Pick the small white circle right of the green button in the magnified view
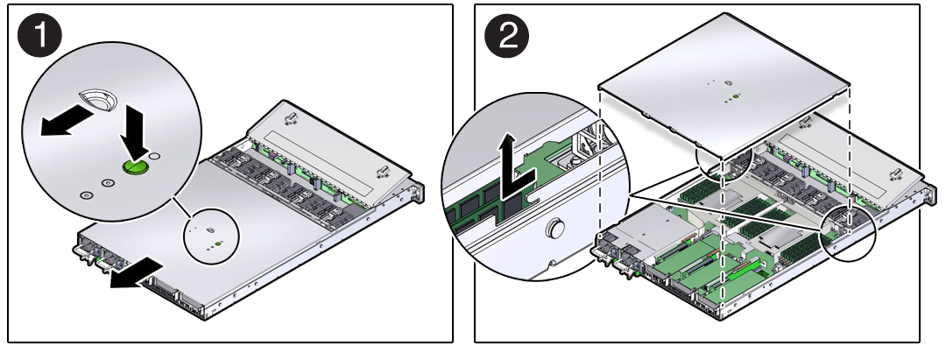pyautogui.click(x=155, y=157)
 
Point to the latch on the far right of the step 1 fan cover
pyautogui.click(x=382, y=172)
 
